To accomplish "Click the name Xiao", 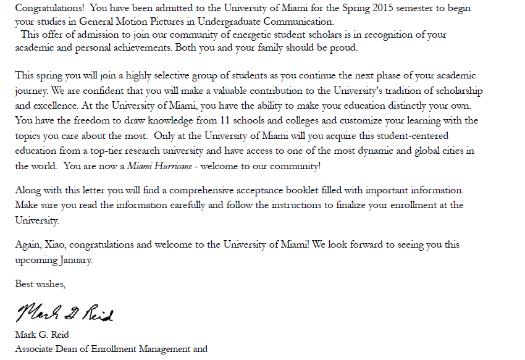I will pos(56,245).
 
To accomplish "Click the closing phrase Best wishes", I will pos(40,285).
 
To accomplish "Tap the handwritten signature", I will pos(64,313).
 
